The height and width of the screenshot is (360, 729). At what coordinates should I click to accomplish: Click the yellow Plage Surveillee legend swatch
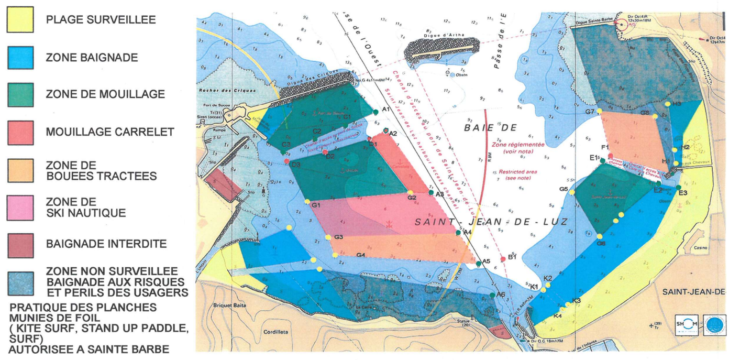[x=20, y=20]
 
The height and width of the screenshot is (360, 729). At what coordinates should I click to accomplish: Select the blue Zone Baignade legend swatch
[x=20, y=58]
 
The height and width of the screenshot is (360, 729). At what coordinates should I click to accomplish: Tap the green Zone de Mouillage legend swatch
[x=20, y=95]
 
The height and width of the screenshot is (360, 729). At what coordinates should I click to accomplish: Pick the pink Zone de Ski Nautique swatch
[x=20, y=208]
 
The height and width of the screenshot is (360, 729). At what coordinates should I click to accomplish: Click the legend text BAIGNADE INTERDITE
[x=106, y=244]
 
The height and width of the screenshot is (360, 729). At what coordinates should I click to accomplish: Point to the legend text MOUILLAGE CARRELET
[x=109, y=132]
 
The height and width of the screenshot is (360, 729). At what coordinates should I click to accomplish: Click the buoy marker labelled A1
[x=376, y=112]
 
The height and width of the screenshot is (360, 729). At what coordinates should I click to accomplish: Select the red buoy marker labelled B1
[x=503, y=259]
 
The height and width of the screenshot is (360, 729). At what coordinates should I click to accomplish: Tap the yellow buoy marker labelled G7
[x=599, y=112]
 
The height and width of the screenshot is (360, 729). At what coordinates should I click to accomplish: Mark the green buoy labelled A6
[x=493, y=296]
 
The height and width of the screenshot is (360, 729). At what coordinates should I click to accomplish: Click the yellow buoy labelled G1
[x=307, y=201]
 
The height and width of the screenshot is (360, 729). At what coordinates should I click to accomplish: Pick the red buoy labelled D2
[x=325, y=152]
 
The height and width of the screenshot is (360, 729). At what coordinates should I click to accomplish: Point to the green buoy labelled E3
[x=679, y=188]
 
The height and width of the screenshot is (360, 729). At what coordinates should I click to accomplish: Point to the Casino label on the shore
[x=701, y=247]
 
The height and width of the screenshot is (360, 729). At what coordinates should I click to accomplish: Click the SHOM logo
[x=687, y=324]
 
